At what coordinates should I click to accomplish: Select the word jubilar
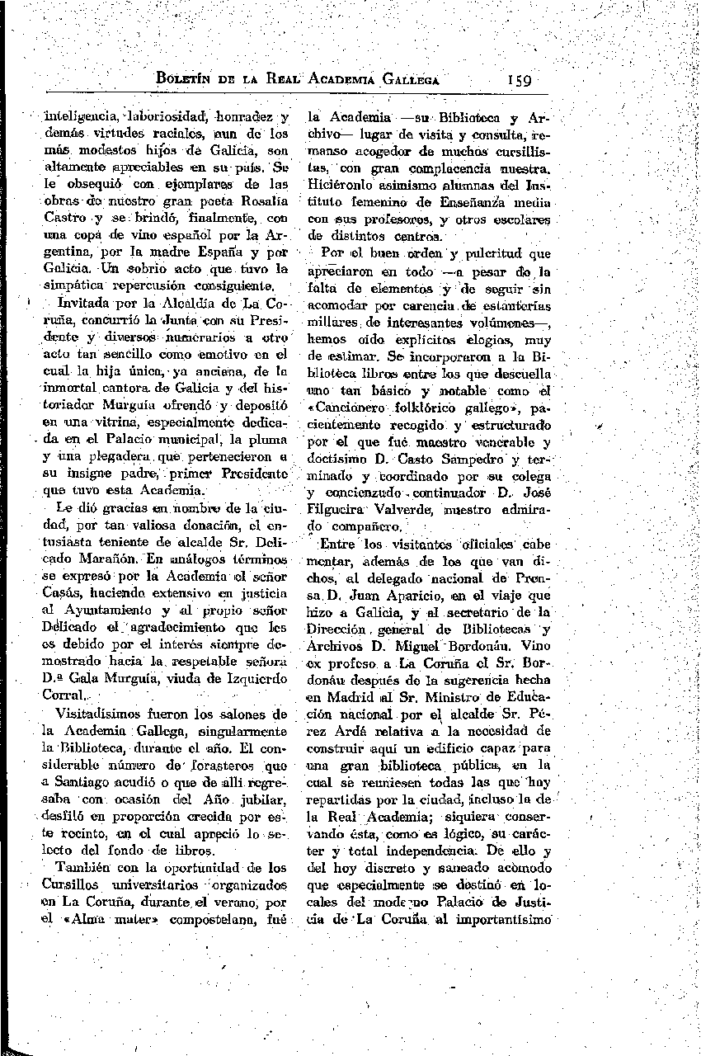[x=260, y=801]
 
